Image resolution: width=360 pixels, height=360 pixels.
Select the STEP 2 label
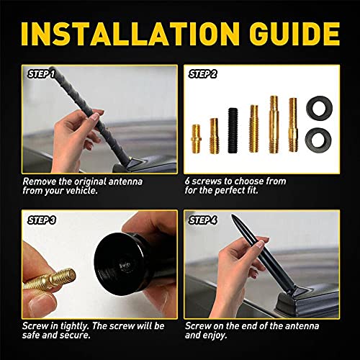(206, 73)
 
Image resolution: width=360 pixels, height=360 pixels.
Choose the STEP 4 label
(206, 219)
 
